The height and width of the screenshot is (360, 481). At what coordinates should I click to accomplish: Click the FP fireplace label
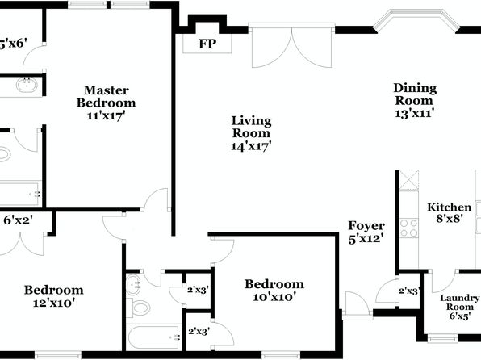[x=207, y=44]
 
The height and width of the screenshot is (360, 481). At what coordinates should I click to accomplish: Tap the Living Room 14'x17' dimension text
[x=251, y=146]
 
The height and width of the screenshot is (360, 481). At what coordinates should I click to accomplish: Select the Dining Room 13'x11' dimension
[x=415, y=113]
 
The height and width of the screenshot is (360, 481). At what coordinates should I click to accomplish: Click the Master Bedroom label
[x=107, y=96]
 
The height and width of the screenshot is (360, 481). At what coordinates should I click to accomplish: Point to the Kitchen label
[x=449, y=207]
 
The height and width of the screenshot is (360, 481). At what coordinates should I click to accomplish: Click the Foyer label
[x=366, y=226]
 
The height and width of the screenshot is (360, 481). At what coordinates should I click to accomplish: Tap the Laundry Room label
[x=459, y=303]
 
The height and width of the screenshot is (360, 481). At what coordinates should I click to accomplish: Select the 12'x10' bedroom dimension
[x=54, y=303]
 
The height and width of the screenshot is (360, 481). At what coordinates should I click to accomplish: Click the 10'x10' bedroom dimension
[x=274, y=297]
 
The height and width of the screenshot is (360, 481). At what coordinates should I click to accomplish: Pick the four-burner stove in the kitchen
[x=409, y=228]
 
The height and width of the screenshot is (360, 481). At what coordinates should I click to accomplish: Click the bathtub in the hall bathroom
[x=154, y=337]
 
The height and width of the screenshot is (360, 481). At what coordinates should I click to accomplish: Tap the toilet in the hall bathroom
[x=137, y=308]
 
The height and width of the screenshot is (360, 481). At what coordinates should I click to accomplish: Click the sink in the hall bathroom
[x=133, y=284]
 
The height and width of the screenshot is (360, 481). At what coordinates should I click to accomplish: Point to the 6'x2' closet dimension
[x=19, y=220]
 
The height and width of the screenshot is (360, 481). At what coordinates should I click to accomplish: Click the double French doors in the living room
[x=291, y=45]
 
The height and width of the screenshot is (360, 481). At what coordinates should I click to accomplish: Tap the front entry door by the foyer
[x=358, y=306]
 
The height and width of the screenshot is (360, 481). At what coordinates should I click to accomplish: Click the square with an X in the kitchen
[x=409, y=180]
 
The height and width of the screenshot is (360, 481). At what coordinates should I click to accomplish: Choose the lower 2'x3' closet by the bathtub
[x=199, y=332]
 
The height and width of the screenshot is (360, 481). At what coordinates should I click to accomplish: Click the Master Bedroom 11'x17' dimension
[x=107, y=115]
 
